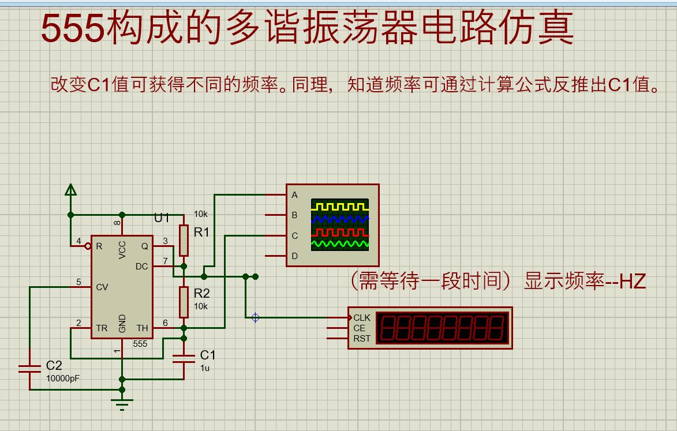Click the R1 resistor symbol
click(x=184, y=240)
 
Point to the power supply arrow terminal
click(x=70, y=190)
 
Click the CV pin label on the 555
click(x=102, y=287)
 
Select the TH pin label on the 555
click(x=142, y=328)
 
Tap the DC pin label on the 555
click(x=141, y=266)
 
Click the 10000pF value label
click(x=63, y=378)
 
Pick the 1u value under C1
click(x=205, y=368)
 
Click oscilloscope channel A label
click(x=294, y=195)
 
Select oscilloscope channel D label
click(x=294, y=256)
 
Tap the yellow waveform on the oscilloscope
click(x=339, y=205)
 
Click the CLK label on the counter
click(x=362, y=318)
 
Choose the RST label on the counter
click(x=362, y=339)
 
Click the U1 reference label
click(x=162, y=218)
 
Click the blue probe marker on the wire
click(x=255, y=317)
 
